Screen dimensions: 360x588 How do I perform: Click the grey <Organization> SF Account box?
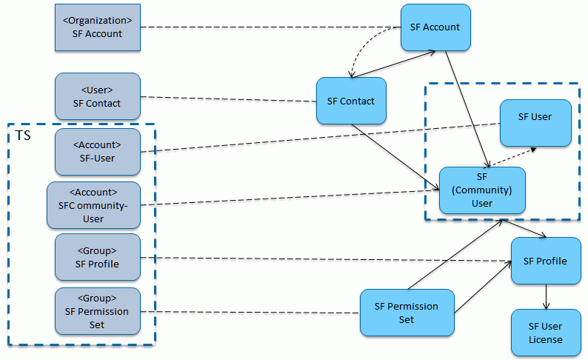click(x=97, y=27)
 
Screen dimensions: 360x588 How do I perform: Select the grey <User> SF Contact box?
click(x=97, y=96)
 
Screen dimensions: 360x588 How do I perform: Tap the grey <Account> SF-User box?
click(x=97, y=152)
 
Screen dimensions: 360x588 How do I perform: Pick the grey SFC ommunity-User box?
click(x=93, y=205)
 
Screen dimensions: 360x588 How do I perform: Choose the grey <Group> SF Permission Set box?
click(x=97, y=312)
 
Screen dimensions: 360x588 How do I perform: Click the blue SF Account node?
click(x=435, y=27)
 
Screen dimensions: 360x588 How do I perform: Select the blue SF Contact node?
click(x=351, y=101)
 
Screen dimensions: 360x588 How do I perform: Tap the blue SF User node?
click(x=535, y=122)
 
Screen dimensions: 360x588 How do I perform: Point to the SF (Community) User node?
click(x=482, y=190)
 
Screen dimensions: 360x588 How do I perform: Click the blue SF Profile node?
click(x=545, y=261)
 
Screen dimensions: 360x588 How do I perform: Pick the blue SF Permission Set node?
click(x=406, y=313)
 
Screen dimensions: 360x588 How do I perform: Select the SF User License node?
click(x=545, y=333)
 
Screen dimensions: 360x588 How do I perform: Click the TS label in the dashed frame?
click(x=22, y=136)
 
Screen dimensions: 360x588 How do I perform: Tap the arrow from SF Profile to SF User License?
click(x=546, y=296)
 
